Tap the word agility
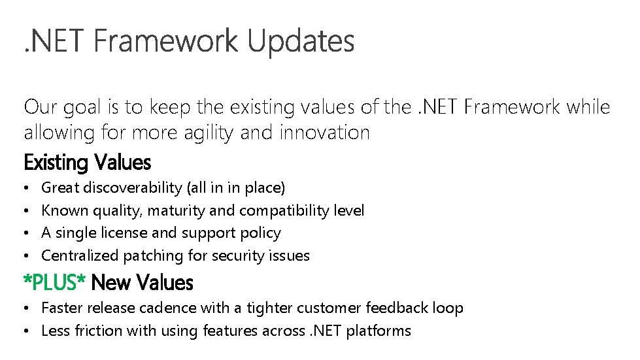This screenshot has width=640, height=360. [x=201, y=133]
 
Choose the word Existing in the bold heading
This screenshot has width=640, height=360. [x=56, y=161]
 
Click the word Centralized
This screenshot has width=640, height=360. [x=79, y=255]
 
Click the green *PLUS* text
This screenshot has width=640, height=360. [x=55, y=283]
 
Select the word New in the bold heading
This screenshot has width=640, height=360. [x=112, y=283]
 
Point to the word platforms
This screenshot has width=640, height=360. [x=379, y=331]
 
